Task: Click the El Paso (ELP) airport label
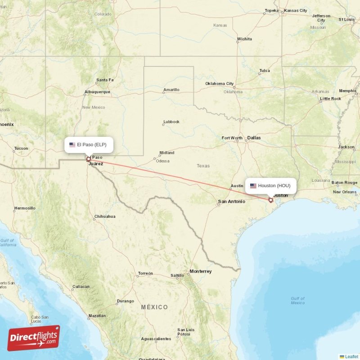point(88,145)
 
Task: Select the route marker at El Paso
point(88,159)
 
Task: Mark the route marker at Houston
point(270,200)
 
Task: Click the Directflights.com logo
point(34,338)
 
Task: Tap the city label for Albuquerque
point(97,92)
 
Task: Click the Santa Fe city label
point(105,80)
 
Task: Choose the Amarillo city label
point(171,90)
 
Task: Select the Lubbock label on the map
point(171,121)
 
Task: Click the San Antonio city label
point(232,201)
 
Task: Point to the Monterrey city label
point(200,271)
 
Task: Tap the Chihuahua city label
point(105,216)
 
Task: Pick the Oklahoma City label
point(220,84)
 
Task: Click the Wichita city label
point(244,39)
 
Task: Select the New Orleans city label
point(345,192)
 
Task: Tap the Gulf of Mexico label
point(297,301)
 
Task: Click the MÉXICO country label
point(154,307)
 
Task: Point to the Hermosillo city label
point(25,208)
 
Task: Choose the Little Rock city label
point(330,99)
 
